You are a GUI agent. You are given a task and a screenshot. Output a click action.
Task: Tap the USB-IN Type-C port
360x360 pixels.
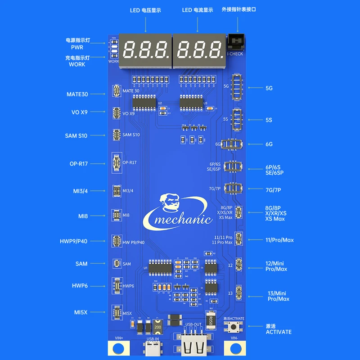[153, 347]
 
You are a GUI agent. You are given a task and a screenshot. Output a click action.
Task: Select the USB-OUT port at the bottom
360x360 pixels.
[194, 346]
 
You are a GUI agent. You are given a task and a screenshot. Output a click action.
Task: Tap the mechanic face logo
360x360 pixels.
[170, 204]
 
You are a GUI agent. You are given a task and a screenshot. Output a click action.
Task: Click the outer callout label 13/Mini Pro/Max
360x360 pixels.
[278, 296]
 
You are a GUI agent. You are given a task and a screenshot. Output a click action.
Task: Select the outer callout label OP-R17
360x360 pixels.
[78, 163]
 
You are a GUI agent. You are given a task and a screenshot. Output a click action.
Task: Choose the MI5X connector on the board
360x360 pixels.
[116, 313]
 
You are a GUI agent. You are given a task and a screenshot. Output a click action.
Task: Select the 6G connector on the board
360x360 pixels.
[234, 144]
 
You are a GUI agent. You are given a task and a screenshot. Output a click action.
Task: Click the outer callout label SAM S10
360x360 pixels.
[76, 135]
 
